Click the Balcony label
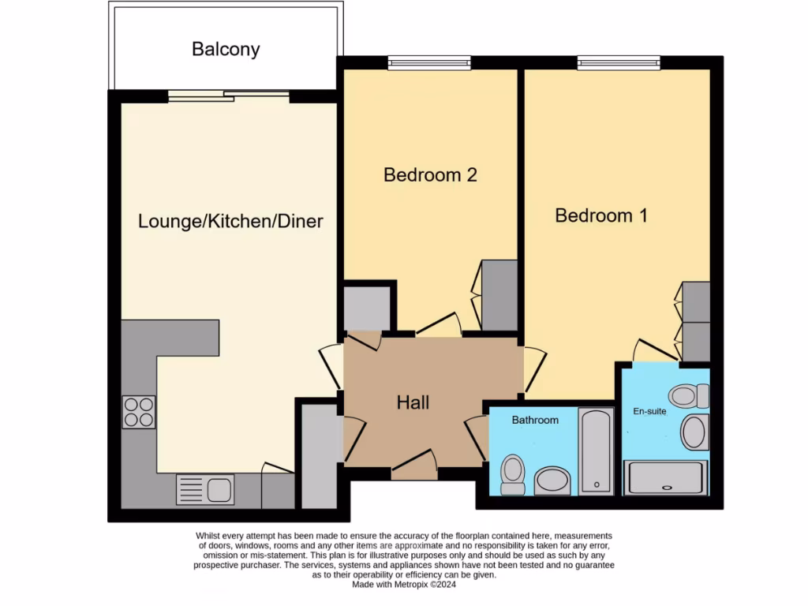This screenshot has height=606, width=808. tap(226, 49)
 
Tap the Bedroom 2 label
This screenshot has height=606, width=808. tap(430, 174)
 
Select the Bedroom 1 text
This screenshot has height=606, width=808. tap(601, 215)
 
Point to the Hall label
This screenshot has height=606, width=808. tap(413, 403)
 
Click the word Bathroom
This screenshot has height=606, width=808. tap(535, 420)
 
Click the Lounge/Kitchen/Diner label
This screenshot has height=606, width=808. tap(230, 221)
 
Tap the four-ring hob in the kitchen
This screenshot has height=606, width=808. tap(138, 412)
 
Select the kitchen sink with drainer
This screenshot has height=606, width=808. tap(204, 489)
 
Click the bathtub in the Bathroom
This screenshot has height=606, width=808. tap(596, 451)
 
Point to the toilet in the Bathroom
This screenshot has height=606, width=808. tap(513, 474)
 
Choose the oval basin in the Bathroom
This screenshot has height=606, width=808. tap(552, 480)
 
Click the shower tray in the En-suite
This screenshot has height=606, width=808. tap(664, 478)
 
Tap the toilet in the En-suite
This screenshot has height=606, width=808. tap(688, 395)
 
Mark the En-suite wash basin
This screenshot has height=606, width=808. tap(694, 432)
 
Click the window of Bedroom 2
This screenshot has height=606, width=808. tap(429, 62)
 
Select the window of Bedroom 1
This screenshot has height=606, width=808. tap(618, 62)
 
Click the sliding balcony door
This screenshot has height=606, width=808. tap(229, 95)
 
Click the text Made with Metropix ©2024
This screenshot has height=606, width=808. tap(404, 585)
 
